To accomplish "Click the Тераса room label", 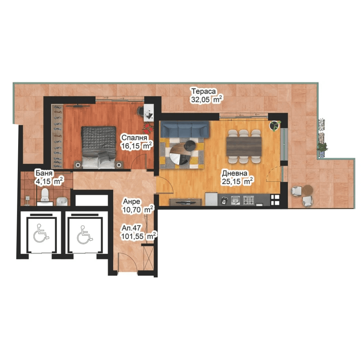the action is point(204,91).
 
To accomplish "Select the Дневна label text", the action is point(235,173).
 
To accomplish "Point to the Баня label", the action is point(44,173).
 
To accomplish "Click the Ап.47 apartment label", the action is point(131,228).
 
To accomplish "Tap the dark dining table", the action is point(244,147).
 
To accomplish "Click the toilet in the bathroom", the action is point(44,195).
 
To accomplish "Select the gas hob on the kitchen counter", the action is point(248,200).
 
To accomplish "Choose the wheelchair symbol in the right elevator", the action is point(85,235).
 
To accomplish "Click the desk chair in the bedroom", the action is point(140,111).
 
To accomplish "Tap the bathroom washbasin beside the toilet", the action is point(62,201).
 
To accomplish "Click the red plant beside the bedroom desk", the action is point(148,127).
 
